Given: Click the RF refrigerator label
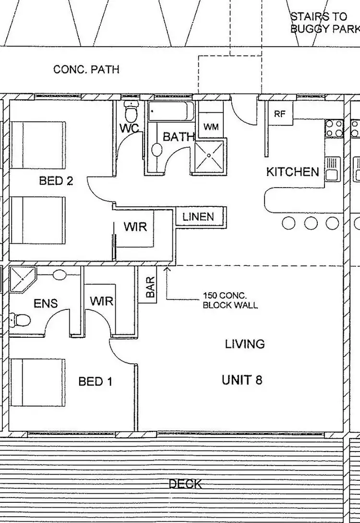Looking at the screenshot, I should tap(280, 114).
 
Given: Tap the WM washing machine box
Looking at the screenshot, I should tap(211, 127).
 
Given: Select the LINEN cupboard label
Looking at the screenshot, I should tap(198, 216).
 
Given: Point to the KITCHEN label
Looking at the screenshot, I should tap(293, 172).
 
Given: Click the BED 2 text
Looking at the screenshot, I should tap(56, 181).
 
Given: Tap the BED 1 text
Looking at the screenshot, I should tap(96, 381).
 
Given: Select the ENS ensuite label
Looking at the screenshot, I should tap(46, 303).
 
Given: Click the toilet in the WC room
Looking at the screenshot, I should tap(131, 111).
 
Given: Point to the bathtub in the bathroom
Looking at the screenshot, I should tap(170, 112).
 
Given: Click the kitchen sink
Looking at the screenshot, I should tap(332, 168).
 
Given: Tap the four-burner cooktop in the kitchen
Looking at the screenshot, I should tap(334, 128).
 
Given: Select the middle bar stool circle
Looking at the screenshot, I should tap(311, 223).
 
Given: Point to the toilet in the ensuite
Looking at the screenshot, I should tap(21, 319).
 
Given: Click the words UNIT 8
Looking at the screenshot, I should tap(242, 380).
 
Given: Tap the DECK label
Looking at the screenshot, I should tap(185, 484).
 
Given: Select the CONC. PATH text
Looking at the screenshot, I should tap(86, 70).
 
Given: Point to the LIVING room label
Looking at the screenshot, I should tap(245, 344).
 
